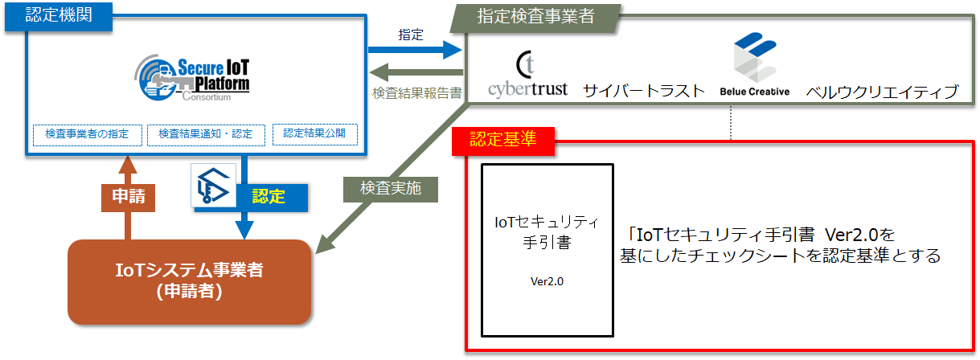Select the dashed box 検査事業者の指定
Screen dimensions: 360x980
[87, 134]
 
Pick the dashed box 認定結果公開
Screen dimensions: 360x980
[314, 133]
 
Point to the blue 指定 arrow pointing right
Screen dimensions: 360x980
[415, 51]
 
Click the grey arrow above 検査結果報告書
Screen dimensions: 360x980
[415, 72]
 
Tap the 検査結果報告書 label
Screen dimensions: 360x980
[416, 93]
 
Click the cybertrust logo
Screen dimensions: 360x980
[527, 76]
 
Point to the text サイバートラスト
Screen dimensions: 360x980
[644, 90]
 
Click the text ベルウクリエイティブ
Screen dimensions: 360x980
[882, 91]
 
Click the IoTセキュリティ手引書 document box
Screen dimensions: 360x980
[547, 250]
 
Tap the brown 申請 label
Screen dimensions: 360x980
[127, 196]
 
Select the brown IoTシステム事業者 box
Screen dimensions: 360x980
[189, 281]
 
